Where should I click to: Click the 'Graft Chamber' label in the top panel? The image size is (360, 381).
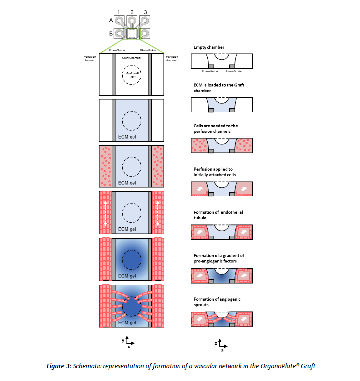tap(132, 58)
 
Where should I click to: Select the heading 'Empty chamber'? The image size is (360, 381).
tap(209, 47)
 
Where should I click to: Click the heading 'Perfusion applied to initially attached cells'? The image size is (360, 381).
tap(217, 171)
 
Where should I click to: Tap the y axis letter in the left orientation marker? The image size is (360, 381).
tap(122, 339)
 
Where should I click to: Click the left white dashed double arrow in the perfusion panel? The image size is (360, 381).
tap(106, 214)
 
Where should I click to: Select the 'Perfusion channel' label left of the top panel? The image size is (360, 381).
tap(90, 59)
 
